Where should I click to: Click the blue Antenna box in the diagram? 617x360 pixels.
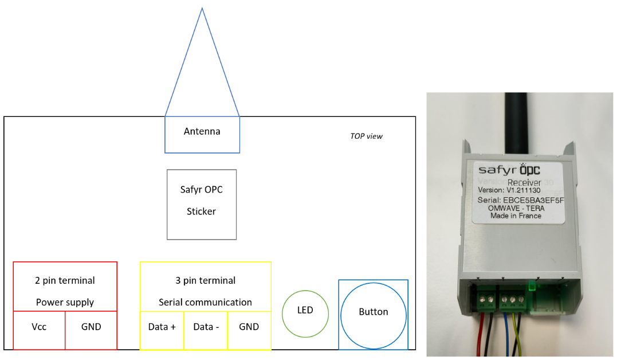click(202, 134)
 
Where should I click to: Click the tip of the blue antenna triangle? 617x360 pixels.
click(202, 9)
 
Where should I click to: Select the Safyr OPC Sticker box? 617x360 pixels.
click(202, 204)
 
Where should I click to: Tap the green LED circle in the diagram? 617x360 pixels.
click(305, 314)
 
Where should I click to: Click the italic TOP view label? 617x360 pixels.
click(366, 136)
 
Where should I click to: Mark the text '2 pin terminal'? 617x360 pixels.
click(65, 281)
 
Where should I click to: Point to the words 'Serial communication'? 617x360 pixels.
click(205, 302)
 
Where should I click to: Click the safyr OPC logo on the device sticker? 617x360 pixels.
click(509, 170)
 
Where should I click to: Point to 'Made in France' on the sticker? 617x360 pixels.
click(516, 216)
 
